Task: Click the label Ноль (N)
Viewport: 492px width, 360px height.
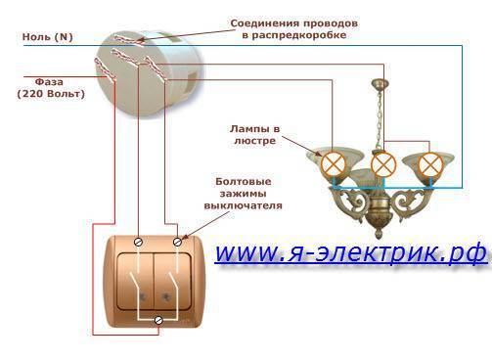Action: pyautogui.click(x=48, y=36)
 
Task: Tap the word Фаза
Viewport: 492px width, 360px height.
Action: pyautogui.click(x=49, y=81)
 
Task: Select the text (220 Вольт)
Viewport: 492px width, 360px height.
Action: pyautogui.click(x=51, y=94)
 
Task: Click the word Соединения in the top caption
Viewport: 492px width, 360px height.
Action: pyautogui.click(x=265, y=23)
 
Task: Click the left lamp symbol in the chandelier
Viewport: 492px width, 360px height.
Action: pyautogui.click(x=333, y=165)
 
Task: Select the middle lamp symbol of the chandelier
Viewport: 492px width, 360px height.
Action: pyautogui.click(x=383, y=164)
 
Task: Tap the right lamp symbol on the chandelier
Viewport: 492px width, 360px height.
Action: pyautogui.click(x=430, y=165)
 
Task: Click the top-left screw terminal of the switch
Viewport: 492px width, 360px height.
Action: pyautogui.click(x=139, y=242)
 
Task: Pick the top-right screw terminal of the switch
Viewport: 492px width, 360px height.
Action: pyautogui.click(x=177, y=242)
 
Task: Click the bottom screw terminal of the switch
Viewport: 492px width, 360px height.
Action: pyautogui.click(x=158, y=320)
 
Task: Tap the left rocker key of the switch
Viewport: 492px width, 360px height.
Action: pyautogui.click(x=135, y=282)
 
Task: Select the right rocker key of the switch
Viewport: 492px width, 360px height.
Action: pyautogui.click(x=172, y=282)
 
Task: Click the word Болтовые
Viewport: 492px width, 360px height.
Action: pyautogui.click(x=244, y=182)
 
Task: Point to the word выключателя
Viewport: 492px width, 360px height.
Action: pyautogui.click(x=244, y=205)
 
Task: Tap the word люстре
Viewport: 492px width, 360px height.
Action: pyautogui.click(x=254, y=141)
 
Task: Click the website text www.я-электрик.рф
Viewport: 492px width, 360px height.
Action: pyautogui.click(x=351, y=252)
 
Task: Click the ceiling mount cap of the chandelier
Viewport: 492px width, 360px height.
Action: pyautogui.click(x=380, y=84)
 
